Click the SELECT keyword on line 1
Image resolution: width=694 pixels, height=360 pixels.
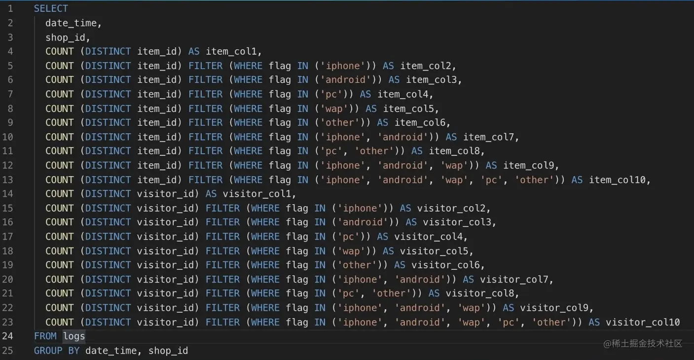pos(51,8)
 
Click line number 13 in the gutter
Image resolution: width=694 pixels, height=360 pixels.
pos(10,180)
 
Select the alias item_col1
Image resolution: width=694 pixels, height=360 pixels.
pos(233,51)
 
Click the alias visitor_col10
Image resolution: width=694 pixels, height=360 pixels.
pos(642,322)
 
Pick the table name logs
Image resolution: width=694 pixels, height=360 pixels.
pos(74,336)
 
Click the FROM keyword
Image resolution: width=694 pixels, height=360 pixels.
pos(45,336)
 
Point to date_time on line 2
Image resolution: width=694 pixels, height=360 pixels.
pos(73,23)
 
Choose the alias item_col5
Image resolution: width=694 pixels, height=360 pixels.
pos(410,108)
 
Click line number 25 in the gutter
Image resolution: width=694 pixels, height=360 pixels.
pos(10,351)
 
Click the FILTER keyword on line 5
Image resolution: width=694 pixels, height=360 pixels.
pos(206,66)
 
